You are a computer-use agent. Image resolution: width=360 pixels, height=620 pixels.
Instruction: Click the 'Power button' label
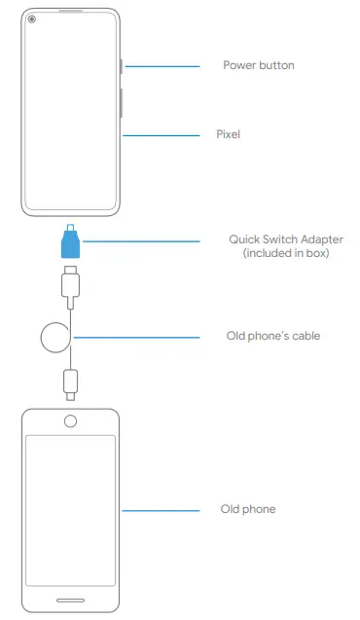click(x=258, y=65)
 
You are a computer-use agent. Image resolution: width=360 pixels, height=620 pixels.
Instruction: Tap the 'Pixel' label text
click(x=228, y=134)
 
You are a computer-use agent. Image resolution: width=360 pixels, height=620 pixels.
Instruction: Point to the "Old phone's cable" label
click(x=272, y=336)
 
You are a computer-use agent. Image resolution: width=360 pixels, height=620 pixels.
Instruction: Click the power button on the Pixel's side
click(x=121, y=66)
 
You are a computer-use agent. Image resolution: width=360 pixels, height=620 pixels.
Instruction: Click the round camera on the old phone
click(x=70, y=421)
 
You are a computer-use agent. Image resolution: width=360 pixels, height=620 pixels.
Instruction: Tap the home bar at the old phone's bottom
click(x=70, y=598)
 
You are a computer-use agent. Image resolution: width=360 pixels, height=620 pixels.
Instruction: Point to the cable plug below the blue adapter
click(x=71, y=282)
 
